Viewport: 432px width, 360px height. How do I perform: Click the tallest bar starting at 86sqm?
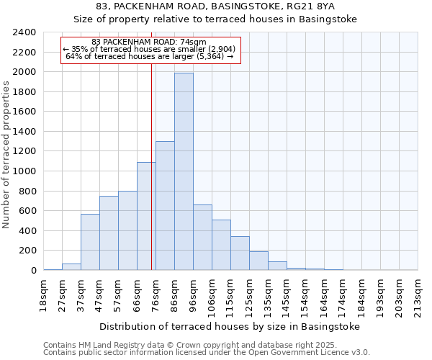click(184, 171)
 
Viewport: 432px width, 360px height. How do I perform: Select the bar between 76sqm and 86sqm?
click(165, 206)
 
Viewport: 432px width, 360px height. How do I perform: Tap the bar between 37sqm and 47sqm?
click(90, 242)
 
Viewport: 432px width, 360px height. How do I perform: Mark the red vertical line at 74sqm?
click(152, 180)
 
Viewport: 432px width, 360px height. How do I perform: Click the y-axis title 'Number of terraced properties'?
click(7, 154)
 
